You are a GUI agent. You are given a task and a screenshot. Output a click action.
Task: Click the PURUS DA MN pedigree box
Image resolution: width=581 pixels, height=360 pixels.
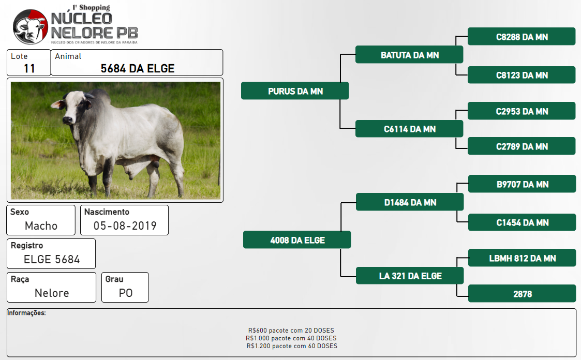tap(295, 91)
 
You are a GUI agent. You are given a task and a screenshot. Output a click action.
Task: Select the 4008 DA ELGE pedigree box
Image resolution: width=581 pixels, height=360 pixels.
tap(297, 239)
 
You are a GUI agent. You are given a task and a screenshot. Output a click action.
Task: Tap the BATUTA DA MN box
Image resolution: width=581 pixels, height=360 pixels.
tap(409, 54)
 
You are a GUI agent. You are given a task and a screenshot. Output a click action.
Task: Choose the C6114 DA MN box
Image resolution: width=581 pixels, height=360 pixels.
tap(409, 128)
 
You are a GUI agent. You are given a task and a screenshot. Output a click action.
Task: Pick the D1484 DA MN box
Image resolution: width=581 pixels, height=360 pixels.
tap(410, 202)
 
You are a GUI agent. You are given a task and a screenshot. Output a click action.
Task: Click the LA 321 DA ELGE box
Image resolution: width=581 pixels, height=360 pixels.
tap(410, 276)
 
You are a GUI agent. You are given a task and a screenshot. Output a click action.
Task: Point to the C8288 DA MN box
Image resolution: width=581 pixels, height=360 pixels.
tap(522, 36)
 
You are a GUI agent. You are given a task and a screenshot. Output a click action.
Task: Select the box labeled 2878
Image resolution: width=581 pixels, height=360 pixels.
tap(522, 293)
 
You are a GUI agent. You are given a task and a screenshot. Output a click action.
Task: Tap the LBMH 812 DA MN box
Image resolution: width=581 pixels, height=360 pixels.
tap(522, 258)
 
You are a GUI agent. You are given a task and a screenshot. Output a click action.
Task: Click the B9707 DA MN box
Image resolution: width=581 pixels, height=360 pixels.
tap(522, 184)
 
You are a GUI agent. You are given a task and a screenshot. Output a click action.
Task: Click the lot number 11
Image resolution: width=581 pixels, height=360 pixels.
tap(29, 68)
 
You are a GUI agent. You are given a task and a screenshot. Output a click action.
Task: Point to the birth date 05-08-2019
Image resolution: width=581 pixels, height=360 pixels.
tap(125, 226)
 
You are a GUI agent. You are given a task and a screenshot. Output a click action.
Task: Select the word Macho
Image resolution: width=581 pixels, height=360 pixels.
tap(41, 226)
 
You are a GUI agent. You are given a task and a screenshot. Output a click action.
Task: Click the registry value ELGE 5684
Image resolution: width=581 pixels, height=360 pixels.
tap(52, 259)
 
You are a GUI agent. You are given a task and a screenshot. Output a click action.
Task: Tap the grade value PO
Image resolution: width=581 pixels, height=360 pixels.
tap(126, 293)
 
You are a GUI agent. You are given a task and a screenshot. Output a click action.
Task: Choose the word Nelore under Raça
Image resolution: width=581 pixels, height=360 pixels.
tap(52, 293)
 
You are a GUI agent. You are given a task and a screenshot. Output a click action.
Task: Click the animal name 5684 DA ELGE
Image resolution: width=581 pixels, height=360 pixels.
tap(138, 68)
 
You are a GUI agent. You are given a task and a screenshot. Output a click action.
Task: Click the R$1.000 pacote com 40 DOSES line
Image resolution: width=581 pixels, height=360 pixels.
tap(291, 338)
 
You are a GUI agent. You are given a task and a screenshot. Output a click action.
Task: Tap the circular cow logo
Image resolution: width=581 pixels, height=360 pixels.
tap(31, 27)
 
